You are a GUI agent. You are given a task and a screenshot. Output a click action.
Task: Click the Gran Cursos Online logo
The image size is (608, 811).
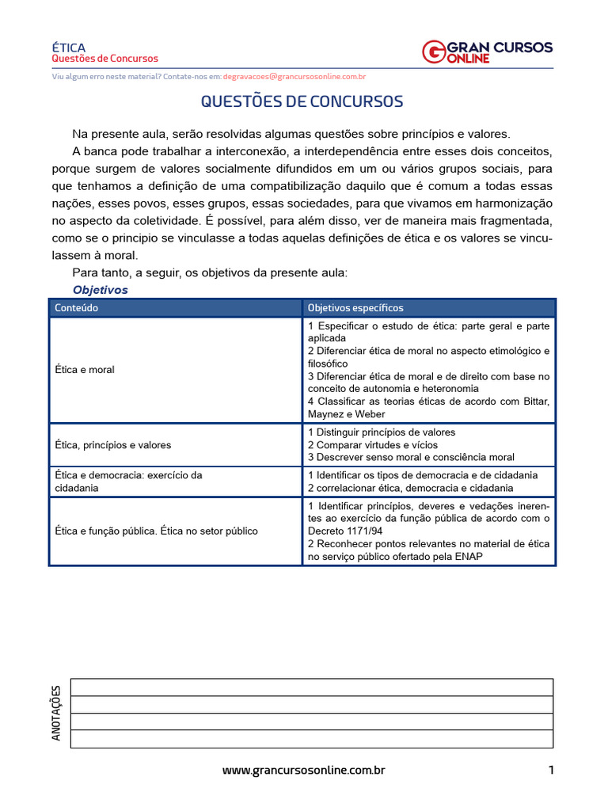(488, 52)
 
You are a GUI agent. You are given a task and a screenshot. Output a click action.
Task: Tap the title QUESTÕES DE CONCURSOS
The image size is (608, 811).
(302, 102)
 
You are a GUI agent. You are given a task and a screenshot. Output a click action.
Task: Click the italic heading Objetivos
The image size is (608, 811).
(101, 290)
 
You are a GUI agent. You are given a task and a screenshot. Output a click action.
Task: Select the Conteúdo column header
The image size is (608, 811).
(77, 307)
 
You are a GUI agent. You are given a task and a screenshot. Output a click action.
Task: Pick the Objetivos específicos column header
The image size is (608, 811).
(355, 307)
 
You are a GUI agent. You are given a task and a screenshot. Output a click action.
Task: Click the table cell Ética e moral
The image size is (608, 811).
(85, 370)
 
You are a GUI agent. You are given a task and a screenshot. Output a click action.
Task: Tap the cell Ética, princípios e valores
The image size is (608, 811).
(112, 445)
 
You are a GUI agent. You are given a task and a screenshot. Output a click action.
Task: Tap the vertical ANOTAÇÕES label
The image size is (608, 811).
(56, 713)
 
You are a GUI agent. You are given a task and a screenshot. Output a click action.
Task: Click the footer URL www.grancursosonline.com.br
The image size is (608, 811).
(303, 770)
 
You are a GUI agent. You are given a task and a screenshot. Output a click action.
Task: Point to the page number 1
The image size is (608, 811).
(550, 770)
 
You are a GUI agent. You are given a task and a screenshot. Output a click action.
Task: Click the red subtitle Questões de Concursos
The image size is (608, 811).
(104, 59)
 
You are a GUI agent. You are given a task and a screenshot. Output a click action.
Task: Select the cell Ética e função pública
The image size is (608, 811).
(154, 531)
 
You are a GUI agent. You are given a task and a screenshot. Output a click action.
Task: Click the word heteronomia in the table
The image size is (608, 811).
(435, 389)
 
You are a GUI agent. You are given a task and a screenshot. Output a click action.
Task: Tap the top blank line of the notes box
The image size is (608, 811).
(312, 687)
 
